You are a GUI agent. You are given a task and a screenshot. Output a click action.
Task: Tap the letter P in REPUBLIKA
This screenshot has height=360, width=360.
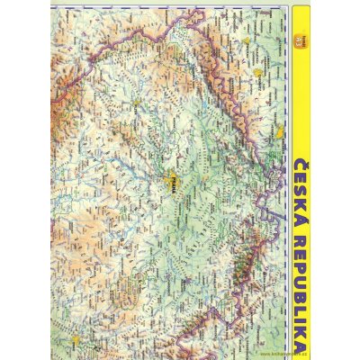coord(302,258)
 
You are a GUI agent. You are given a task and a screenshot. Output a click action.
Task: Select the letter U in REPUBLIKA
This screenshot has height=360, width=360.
coord(302,273)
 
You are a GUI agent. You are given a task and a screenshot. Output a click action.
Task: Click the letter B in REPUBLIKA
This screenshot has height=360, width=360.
coord(302,287)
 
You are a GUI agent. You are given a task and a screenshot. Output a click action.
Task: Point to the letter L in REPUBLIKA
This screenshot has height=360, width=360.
coord(302,301)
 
